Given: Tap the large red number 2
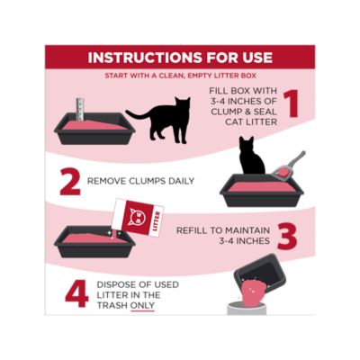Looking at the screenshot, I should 69,181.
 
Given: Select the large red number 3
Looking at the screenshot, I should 286,238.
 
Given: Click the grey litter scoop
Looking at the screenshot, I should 290,165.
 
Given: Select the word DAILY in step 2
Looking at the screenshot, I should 176,181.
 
